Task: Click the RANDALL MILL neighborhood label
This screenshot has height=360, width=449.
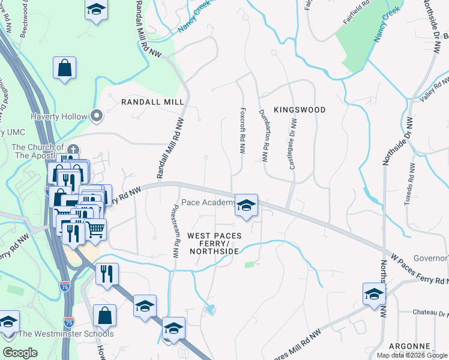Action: tap(152, 102)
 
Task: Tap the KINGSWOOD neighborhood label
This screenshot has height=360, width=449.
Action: tap(300, 110)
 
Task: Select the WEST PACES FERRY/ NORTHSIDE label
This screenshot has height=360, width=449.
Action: tap(214, 243)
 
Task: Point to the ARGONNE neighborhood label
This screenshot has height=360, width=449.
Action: tap(409, 346)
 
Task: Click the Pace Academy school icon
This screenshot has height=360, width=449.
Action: tap(246, 205)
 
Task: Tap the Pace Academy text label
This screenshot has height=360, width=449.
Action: tap(208, 203)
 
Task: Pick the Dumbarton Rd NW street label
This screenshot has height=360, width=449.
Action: tap(263, 136)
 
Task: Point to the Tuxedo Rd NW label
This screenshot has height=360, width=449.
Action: tap(411, 184)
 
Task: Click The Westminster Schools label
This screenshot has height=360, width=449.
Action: tap(66, 334)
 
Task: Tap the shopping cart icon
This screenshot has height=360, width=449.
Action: tap(95, 229)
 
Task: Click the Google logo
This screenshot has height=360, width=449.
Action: tap(20, 353)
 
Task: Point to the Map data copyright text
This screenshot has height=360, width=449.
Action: tap(412, 355)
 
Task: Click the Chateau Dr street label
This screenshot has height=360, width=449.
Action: tap(431, 313)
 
